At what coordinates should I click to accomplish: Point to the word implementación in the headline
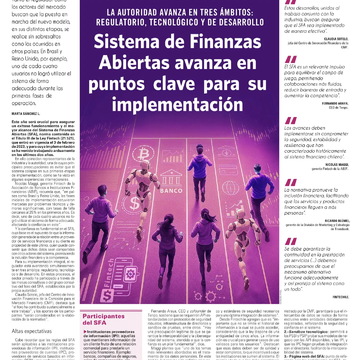click(186, 107)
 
